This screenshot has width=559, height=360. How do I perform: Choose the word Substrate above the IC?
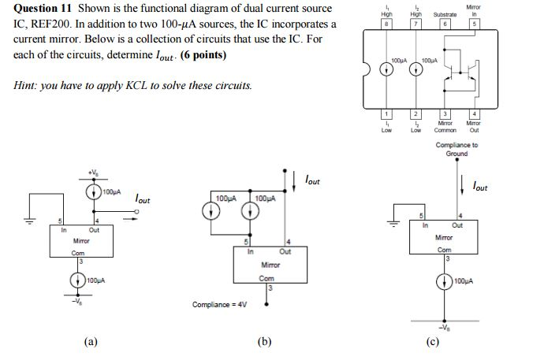[x=445, y=15]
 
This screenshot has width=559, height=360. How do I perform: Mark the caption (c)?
[x=432, y=341]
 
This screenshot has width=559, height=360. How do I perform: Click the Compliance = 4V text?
[x=219, y=302]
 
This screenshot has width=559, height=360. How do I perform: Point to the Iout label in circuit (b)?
[x=312, y=181]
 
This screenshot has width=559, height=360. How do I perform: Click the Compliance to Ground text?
[x=457, y=149]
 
